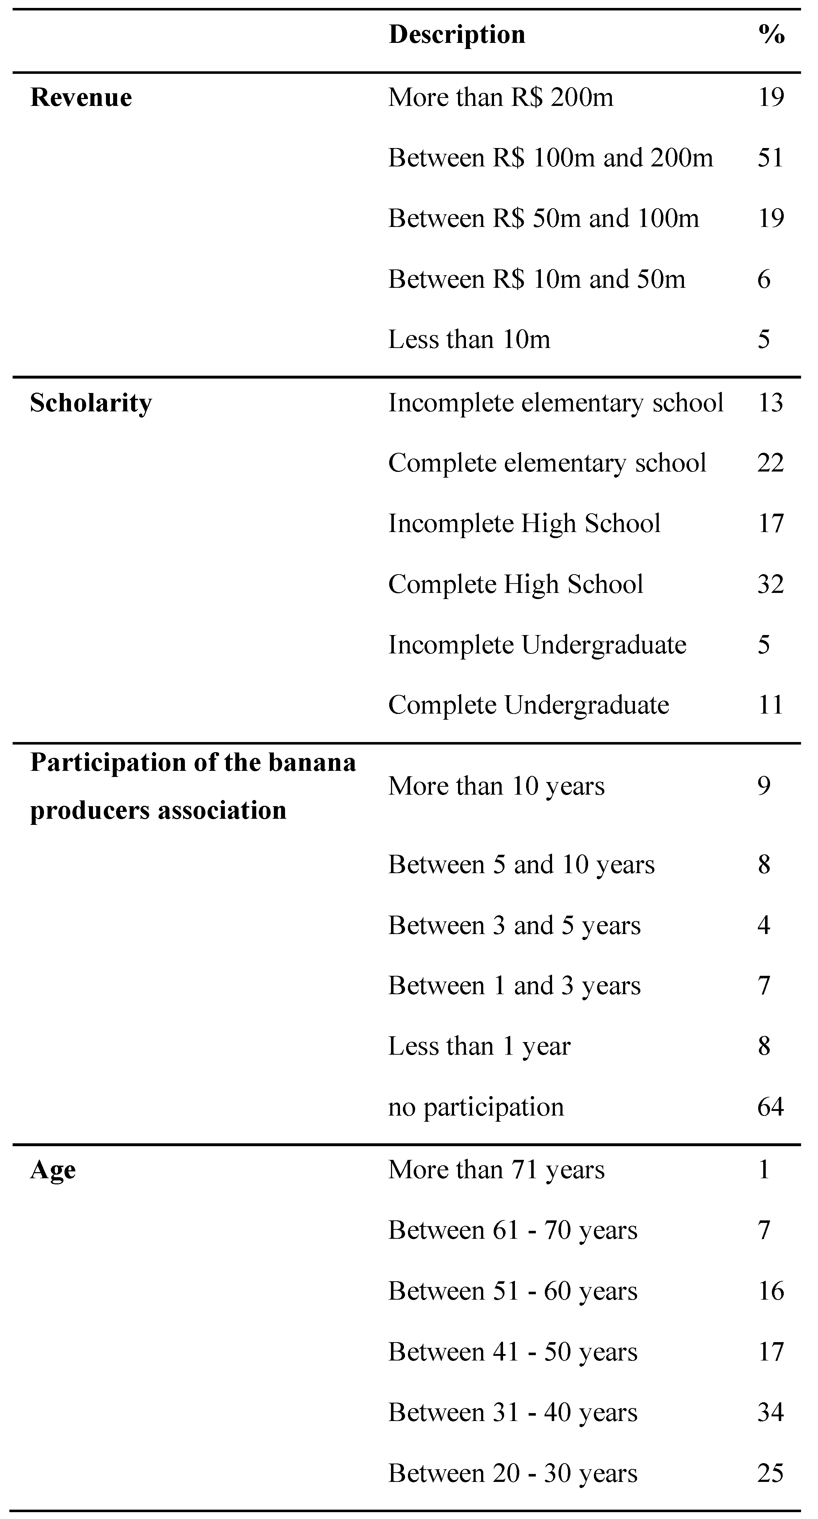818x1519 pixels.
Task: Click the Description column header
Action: [x=457, y=34]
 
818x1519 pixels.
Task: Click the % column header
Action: [x=771, y=34]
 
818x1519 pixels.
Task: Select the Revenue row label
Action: [x=81, y=97]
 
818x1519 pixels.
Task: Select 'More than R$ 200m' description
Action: [x=500, y=97]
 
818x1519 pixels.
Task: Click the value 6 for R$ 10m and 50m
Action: [x=764, y=279]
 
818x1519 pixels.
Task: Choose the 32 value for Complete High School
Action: [x=770, y=584]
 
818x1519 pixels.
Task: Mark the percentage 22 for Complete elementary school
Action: [x=770, y=463]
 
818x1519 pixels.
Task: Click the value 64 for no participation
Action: [x=770, y=1107]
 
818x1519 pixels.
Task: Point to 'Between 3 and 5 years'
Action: [x=514, y=925]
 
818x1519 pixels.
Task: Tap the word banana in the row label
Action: [x=312, y=763]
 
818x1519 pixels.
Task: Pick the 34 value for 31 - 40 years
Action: [x=770, y=1413]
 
